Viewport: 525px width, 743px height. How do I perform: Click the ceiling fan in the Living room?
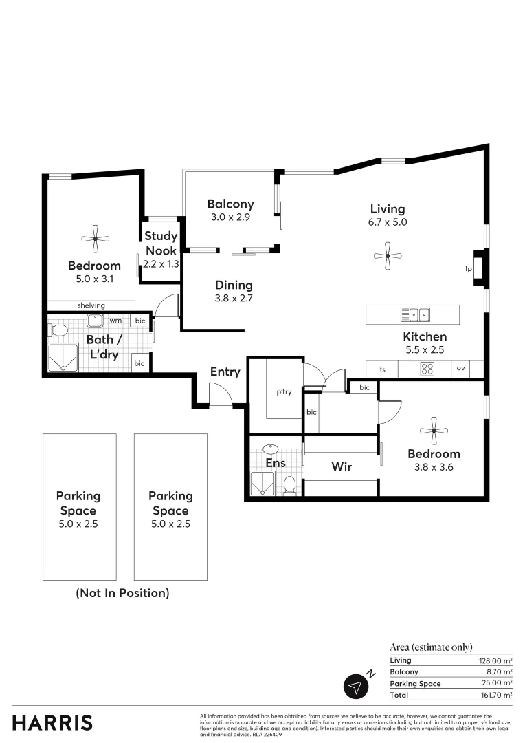[x=388, y=256]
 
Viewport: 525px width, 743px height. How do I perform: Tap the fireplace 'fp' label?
[x=468, y=269]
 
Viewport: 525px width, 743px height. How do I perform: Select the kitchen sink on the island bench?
[x=416, y=315]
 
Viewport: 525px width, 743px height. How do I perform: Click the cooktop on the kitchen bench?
[x=427, y=369]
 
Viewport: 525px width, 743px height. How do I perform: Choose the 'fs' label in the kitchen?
[x=383, y=369]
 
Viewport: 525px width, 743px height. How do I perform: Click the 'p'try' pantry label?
[x=284, y=392]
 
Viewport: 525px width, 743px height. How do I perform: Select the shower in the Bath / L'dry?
[x=62, y=357]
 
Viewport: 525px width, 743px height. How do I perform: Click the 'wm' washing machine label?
[x=115, y=321]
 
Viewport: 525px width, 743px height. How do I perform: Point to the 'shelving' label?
[x=91, y=305]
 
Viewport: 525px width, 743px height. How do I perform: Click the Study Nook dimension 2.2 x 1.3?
[x=161, y=263]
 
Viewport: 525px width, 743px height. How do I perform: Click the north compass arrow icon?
[x=355, y=686]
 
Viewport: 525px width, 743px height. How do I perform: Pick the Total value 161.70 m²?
[x=495, y=696]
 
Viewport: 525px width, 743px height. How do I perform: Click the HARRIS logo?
[x=52, y=723]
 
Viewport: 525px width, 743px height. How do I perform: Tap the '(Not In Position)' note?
[x=122, y=592]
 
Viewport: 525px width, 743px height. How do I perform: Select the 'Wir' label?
[x=342, y=467]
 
